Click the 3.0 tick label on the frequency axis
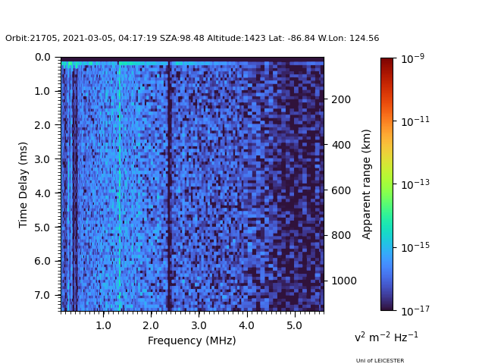click(x=199, y=325)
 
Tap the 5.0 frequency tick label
click(x=294, y=325)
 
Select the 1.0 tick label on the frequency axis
click(x=103, y=325)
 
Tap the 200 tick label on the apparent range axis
click(x=339, y=99)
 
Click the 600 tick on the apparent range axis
click(x=339, y=190)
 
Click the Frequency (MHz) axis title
click(x=192, y=340)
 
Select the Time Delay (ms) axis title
click(x=23, y=184)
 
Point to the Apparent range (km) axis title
click(x=367, y=184)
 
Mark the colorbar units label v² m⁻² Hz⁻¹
click(x=386, y=337)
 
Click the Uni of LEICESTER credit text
click(x=380, y=361)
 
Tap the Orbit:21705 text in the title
click(x=26, y=38)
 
